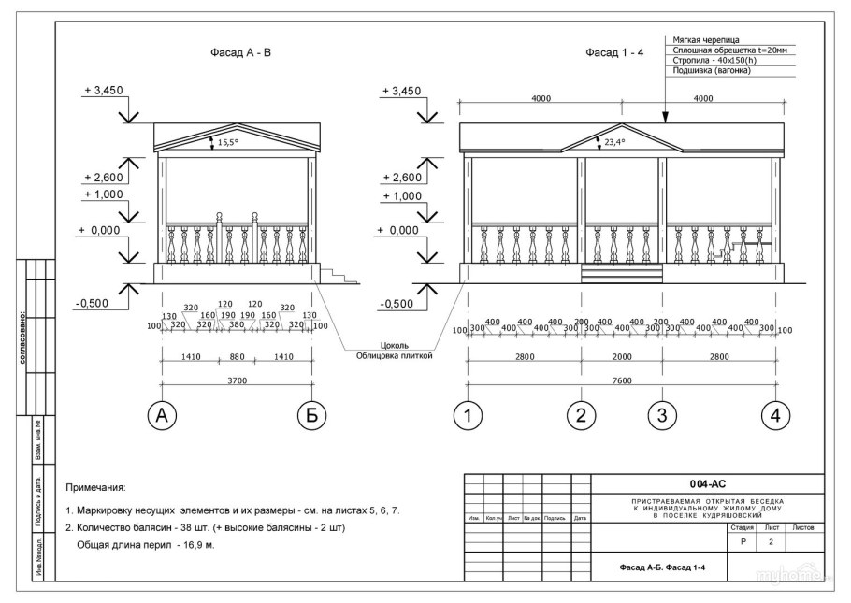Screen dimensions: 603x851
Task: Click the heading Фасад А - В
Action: [x=240, y=53]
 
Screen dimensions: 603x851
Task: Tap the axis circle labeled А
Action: [x=162, y=416]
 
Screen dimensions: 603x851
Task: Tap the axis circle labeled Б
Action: [x=312, y=416]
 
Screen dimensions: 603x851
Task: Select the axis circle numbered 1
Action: [x=468, y=416]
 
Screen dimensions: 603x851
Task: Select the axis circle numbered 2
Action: [x=581, y=416]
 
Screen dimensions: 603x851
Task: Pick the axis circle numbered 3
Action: [x=661, y=416]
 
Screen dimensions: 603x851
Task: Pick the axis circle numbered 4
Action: [x=774, y=416]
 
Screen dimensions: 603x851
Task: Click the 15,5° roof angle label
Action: [x=229, y=143]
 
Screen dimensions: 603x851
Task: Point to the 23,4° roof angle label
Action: [x=614, y=143]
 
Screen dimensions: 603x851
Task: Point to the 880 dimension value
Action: [x=237, y=355]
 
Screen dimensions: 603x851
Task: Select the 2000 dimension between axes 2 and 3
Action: [x=621, y=355]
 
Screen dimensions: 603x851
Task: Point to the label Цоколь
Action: [x=394, y=344]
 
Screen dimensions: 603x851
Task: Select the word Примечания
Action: [x=95, y=488]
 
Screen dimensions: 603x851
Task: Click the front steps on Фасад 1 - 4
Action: [x=621, y=272]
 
